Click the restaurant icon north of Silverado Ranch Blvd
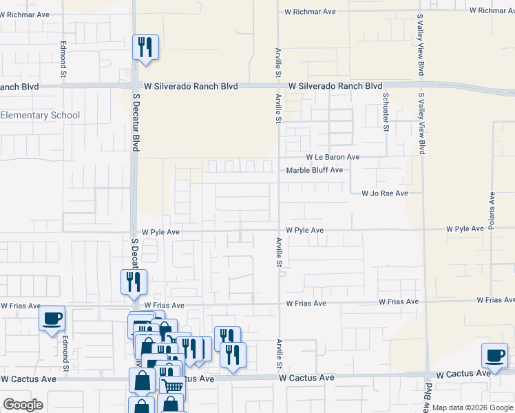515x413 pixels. pyautogui.click(x=145, y=47)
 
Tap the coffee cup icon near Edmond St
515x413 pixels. pyautogui.click(x=52, y=319)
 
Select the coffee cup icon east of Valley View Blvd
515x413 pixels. pyautogui.click(x=494, y=356)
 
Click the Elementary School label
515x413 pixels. pyautogui.click(x=40, y=116)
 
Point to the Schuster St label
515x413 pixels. pyautogui.click(x=386, y=112)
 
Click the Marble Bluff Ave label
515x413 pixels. pyautogui.click(x=314, y=170)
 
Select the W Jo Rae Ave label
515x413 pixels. pyautogui.click(x=385, y=194)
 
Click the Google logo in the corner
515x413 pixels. pyautogui.click(x=23, y=405)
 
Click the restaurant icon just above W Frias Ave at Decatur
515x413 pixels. pyautogui.click(x=134, y=282)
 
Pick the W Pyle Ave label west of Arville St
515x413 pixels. pyautogui.click(x=160, y=233)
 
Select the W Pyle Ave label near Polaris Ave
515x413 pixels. pyautogui.click(x=465, y=229)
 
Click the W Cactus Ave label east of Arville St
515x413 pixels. pyautogui.click(x=306, y=378)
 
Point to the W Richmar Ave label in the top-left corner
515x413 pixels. pyautogui.click(x=25, y=14)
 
